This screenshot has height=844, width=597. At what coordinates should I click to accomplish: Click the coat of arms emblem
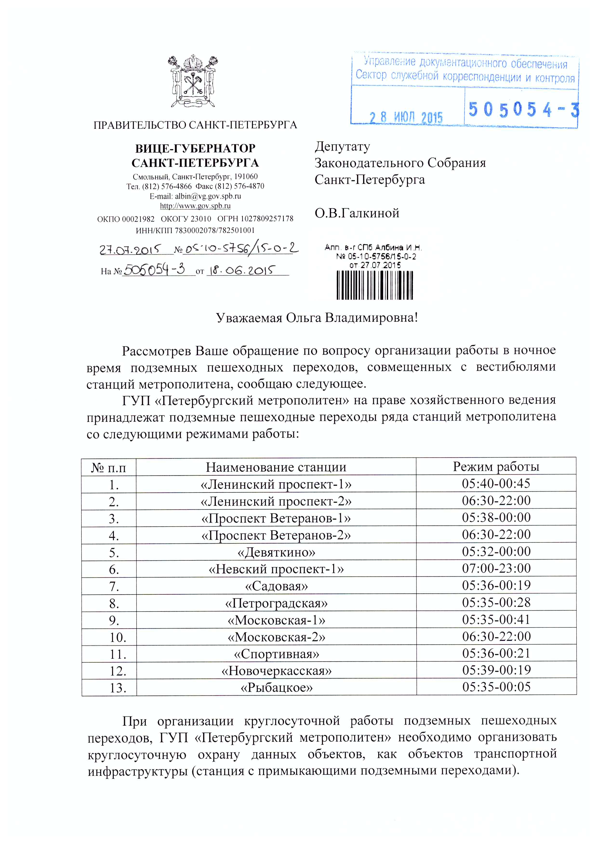(x=194, y=81)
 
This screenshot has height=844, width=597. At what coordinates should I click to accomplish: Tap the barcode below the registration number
(x=375, y=285)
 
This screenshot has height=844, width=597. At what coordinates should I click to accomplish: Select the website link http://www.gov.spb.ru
(x=195, y=206)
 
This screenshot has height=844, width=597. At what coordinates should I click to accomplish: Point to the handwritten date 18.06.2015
(x=242, y=271)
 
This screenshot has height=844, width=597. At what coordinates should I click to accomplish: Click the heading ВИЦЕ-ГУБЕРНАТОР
(x=195, y=149)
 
